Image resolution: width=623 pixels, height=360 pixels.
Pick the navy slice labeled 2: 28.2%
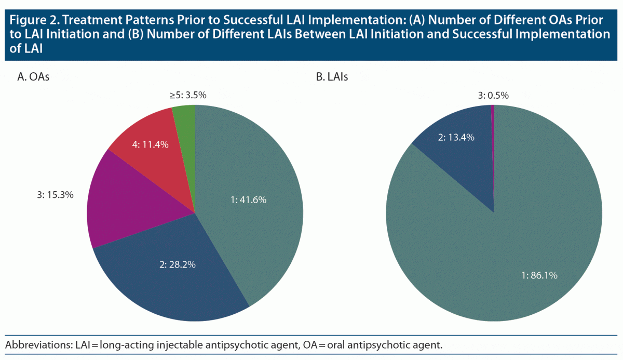point(171,275)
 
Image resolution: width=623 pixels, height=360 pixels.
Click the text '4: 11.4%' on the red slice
point(151,145)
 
